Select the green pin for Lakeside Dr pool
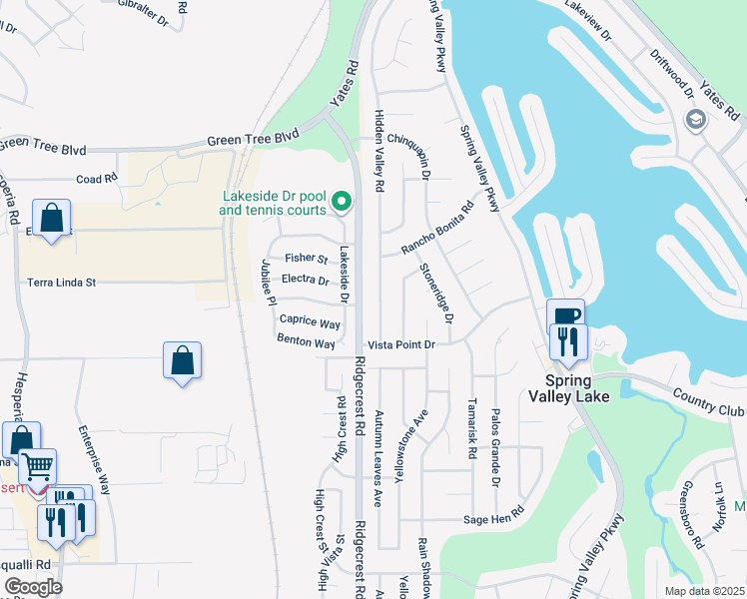(x=343, y=203)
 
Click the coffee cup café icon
(x=566, y=316)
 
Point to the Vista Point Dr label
(x=402, y=344)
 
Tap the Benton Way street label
(x=306, y=341)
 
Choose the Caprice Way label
(x=310, y=321)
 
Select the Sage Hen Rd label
(x=493, y=519)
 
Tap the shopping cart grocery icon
(x=37, y=465)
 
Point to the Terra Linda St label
(x=61, y=283)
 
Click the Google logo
(x=32, y=587)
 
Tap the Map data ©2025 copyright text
(x=704, y=591)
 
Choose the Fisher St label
(x=306, y=259)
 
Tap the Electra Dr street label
(x=305, y=281)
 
